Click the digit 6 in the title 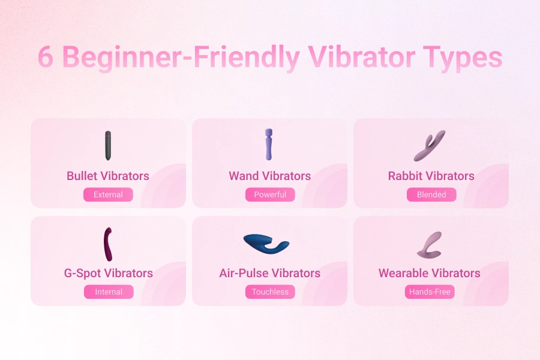click(x=46, y=58)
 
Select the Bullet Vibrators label click(x=108, y=176)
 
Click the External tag click(x=108, y=194)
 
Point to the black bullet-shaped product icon click(x=108, y=145)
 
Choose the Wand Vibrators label click(x=270, y=176)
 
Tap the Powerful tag click(x=270, y=194)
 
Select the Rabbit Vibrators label click(x=431, y=176)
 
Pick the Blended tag click(x=431, y=194)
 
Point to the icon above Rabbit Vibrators click(x=430, y=146)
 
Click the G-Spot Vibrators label click(x=109, y=273)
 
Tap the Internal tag click(x=109, y=292)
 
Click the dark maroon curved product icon click(x=108, y=244)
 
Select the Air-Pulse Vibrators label click(x=270, y=273)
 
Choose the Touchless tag click(x=270, y=292)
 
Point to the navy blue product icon click(x=266, y=243)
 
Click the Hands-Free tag click(x=430, y=292)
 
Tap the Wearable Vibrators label click(x=430, y=273)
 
